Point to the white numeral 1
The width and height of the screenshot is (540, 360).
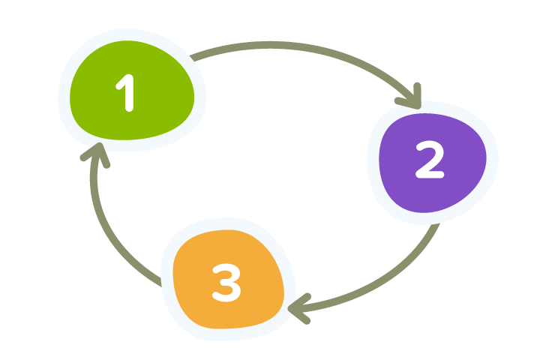[127, 94]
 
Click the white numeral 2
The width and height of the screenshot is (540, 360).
[430, 160]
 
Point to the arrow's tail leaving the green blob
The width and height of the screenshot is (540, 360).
[196, 57]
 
